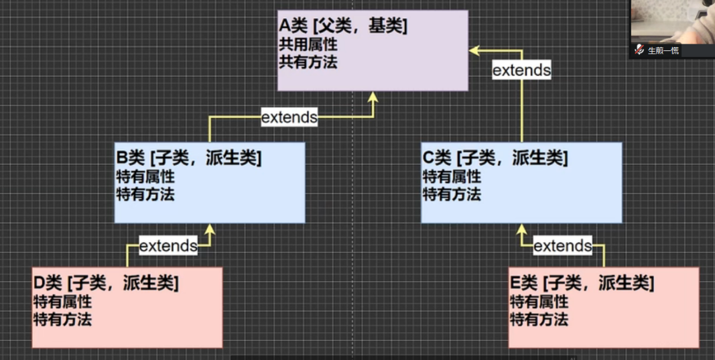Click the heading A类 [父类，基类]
[342, 27]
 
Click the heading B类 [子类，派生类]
[189, 158]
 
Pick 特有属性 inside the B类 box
[145, 177]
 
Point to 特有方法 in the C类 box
[451, 195]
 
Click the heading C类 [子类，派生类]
[495, 158]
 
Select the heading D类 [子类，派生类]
[106, 284]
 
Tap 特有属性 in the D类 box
[62, 302]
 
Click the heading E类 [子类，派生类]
[582, 284]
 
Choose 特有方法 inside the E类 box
[539, 319]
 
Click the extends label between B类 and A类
[289, 117]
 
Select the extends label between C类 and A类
[521, 70]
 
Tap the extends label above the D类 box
[168, 245]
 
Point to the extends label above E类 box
[562, 245]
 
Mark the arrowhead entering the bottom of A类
[373, 97]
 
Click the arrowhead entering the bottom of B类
[210, 229]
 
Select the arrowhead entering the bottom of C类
[522, 229]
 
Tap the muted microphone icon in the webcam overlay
[639, 50]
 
